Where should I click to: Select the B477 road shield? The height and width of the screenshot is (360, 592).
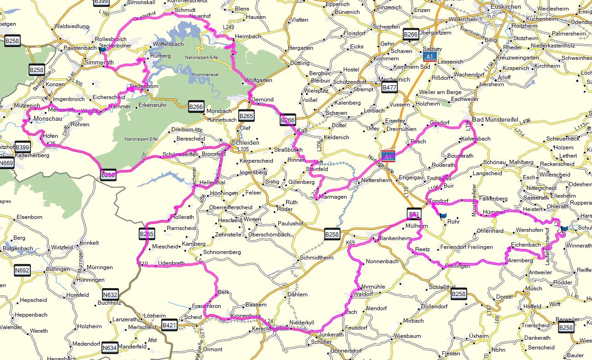coord(389,88)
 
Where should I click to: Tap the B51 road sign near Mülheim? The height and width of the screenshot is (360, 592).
coord(414,213)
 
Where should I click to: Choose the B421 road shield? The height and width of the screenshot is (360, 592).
coord(169,325)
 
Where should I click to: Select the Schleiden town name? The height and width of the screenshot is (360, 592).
coord(246,142)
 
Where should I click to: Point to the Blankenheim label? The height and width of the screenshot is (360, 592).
coord(393,238)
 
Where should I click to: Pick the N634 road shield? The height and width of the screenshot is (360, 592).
coord(109,348)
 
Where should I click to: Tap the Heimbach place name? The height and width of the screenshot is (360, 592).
coord(248,36)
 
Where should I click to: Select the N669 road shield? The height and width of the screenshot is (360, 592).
coord(6,163)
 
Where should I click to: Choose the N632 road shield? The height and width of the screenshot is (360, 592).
coord(110,294)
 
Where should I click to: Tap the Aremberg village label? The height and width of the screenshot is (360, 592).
coord(520,260)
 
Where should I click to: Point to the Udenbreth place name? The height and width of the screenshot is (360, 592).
coord(171,263)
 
